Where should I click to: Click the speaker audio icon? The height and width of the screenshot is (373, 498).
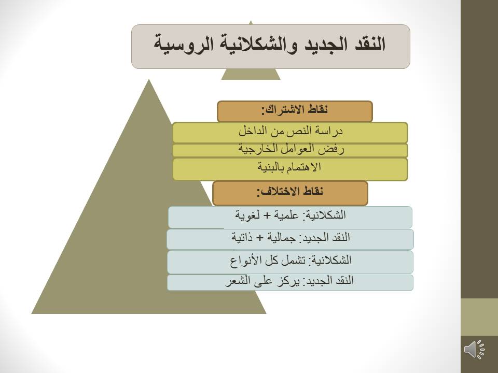(x=474, y=350)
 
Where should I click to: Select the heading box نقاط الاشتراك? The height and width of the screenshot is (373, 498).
(x=295, y=111)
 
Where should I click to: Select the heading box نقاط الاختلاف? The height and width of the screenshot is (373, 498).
(x=290, y=193)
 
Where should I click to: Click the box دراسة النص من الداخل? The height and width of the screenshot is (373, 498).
(x=290, y=133)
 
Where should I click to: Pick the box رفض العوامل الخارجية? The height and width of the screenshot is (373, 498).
(x=290, y=150)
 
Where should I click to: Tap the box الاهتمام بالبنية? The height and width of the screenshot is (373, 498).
(x=290, y=169)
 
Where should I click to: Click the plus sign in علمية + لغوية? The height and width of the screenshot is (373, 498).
(x=268, y=216)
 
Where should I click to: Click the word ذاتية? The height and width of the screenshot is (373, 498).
(x=242, y=238)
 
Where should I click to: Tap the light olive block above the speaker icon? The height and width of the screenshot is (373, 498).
(x=479, y=317)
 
